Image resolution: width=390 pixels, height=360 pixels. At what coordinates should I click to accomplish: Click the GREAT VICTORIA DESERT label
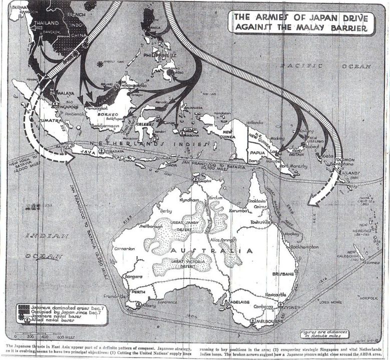[x=187, y=263]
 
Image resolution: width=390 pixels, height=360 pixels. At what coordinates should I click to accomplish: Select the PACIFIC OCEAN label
[x=325, y=66]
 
